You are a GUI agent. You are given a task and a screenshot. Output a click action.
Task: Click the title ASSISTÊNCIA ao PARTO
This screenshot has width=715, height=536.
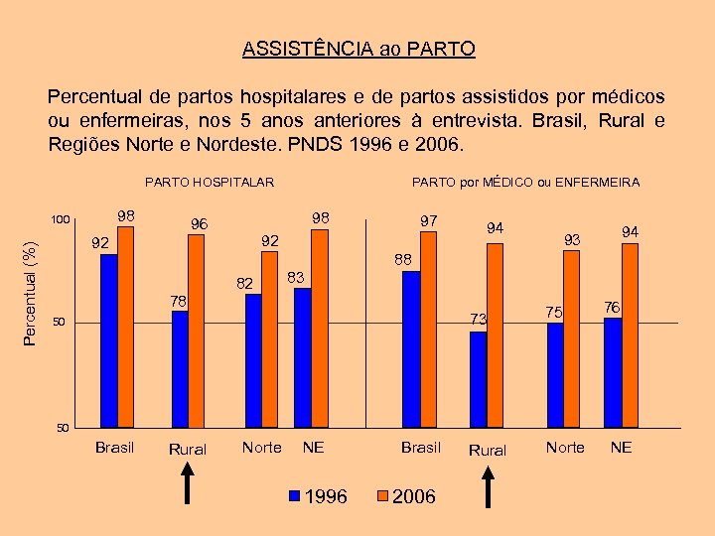(358, 49)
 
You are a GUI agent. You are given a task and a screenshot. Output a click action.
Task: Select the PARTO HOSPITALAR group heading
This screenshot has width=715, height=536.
(210, 182)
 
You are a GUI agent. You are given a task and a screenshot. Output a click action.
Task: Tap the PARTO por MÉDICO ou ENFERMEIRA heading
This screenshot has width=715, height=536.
(525, 182)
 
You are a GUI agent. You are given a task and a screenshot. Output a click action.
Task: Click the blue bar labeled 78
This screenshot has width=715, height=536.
(180, 368)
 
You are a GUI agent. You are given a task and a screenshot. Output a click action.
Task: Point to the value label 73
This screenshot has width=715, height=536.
(479, 319)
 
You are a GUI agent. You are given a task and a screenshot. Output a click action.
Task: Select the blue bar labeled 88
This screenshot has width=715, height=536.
(411, 347)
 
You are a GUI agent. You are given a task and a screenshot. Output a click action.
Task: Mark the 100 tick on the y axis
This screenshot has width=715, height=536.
(63, 219)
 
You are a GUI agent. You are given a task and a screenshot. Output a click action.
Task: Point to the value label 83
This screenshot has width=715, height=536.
(295, 276)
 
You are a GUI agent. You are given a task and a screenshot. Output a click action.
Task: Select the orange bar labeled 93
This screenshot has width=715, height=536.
(571, 337)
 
